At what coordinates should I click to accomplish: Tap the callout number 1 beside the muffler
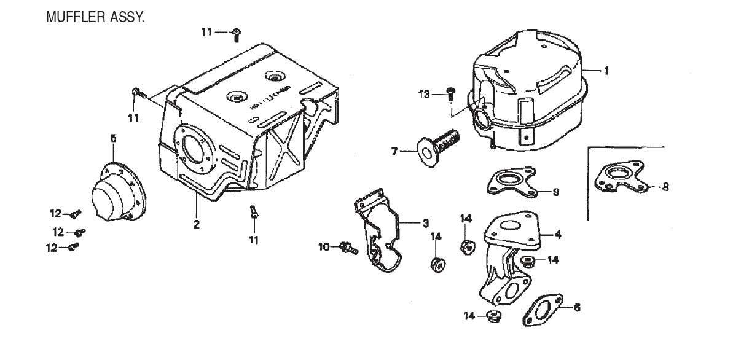pos(605,71)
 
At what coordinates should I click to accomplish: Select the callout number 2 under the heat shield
pos(196,225)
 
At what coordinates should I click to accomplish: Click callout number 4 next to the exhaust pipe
pos(557,234)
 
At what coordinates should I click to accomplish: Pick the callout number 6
pos(576,307)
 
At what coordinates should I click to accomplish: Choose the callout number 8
pos(664,186)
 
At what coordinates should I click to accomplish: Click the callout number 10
pos(324,247)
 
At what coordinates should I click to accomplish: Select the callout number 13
pos(423,94)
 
